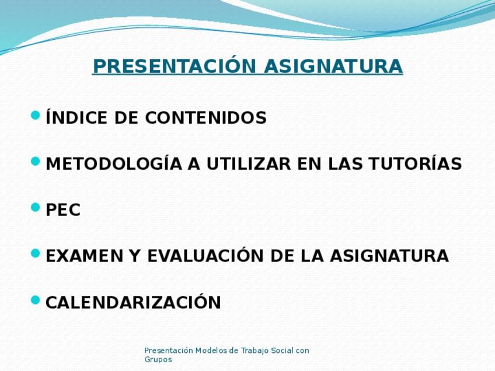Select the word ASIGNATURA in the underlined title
tap(333, 66)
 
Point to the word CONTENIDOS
tap(206, 118)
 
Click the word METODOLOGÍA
tap(114, 163)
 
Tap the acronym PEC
tap(63, 210)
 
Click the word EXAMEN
tap(84, 256)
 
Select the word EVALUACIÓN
tap(206, 255)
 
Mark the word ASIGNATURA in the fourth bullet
tap(389, 256)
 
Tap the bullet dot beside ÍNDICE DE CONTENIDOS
tap(36, 115)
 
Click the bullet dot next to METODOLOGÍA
tap(36, 161)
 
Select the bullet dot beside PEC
tap(36, 207)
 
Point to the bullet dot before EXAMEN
tap(36, 253)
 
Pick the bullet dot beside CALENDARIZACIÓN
tap(36, 300)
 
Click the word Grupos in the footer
tap(158, 360)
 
